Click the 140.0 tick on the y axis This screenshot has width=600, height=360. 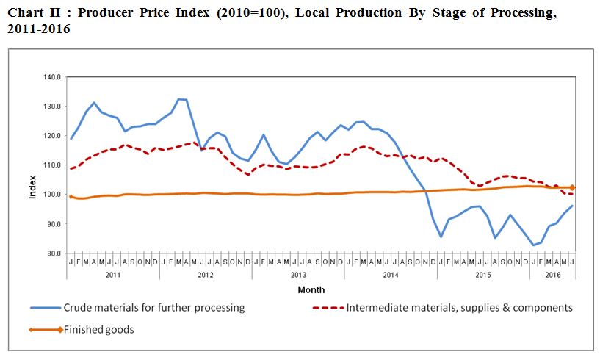[x=53, y=77]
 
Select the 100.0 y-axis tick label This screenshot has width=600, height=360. [x=53, y=195]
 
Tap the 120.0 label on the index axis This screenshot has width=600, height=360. [x=53, y=136]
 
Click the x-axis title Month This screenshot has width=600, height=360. [x=311, y=290]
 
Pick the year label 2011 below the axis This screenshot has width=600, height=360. [x=112, y=275]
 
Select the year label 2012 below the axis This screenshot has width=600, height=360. [x=205, y=275]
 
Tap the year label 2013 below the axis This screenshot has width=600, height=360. [x=298, y=275]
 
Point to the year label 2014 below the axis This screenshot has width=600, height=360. [x=391, y=275]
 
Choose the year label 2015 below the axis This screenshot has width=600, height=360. [x=483, y=275]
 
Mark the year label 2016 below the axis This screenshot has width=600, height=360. [x=552, y=275]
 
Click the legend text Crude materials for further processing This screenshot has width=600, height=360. [x=154, y=308]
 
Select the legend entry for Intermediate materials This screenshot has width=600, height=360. [x=459, y=308]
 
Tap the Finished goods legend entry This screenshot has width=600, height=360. [x=98, y=330]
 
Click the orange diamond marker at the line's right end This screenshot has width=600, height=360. [x=572, y=188]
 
